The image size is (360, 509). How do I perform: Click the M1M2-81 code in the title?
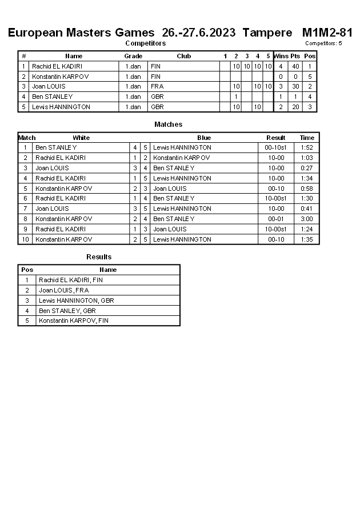coord(327,33)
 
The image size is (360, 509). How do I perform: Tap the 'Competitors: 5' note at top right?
coord(323,43)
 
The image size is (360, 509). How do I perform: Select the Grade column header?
coord(133,56)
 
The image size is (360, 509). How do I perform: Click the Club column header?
coord(183,56)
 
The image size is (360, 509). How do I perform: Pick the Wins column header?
coord(281,56)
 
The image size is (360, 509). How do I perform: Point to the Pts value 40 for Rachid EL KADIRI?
coord(295,66)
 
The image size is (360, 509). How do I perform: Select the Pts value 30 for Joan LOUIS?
coord(295,86)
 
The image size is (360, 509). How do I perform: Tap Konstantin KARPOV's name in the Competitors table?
coord(60,77)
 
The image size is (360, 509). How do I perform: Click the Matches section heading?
coord(168,125)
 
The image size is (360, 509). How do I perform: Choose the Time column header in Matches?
coord(307,138)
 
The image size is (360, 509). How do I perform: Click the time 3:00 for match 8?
coord(307,219)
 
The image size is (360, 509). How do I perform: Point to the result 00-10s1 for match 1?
coord(275,147)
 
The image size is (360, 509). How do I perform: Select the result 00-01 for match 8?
coord(275,219)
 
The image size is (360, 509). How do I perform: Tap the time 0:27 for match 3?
coord(307,168)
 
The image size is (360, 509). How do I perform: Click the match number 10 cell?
coord(26,239)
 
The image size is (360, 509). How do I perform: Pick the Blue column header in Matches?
coord(204,138)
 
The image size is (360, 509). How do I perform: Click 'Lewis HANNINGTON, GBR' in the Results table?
coord(77,300)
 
